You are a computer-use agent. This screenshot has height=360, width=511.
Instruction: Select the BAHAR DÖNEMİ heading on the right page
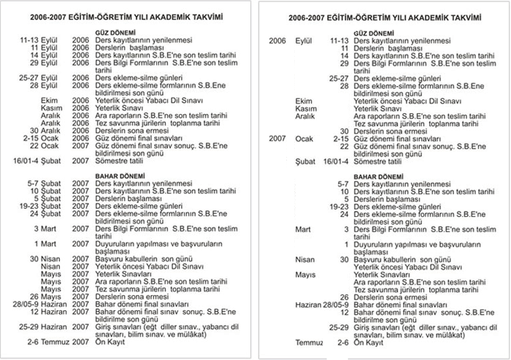point(374,176)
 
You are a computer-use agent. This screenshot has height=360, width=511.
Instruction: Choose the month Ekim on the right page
point(304,101)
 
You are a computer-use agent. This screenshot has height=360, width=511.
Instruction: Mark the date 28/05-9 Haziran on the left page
point(46,304)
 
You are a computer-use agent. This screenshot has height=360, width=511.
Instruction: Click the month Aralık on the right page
point(305,116)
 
